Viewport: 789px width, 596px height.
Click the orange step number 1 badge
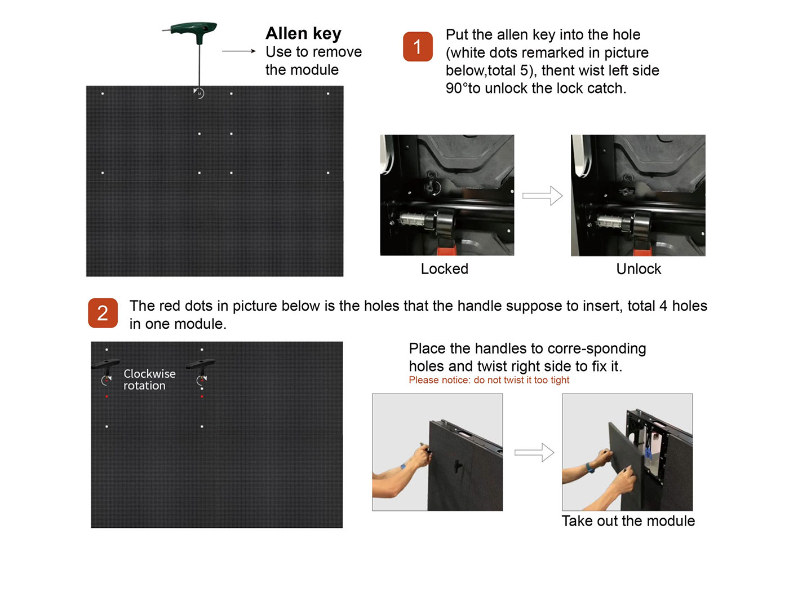(x=418, y=47)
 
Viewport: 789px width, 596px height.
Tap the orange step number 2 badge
(x=103, y=313)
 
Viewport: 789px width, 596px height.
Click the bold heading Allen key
(x=303, y=33)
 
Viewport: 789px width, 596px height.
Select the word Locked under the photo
(x=445, y=269)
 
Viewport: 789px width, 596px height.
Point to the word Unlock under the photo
(x=639, y=269)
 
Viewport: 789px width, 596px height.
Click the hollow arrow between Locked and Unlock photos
(x=542, y=196)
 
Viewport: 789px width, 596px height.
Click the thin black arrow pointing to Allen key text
(x=239, y=51)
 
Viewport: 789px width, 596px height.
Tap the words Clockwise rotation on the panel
(x=149, y=379)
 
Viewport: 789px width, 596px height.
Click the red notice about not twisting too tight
(x=489, y=380)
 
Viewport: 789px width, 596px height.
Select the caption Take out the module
(x=628, y=521)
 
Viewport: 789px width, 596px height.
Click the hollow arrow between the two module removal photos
(x=534, y=453)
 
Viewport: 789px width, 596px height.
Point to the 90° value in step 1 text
(x=457, y=89)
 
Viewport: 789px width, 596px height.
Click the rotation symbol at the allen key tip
(x=199, y=93)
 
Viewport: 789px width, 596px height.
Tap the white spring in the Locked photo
(x=413, y=218)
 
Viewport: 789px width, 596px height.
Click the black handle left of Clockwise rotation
(x=105, y=367)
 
